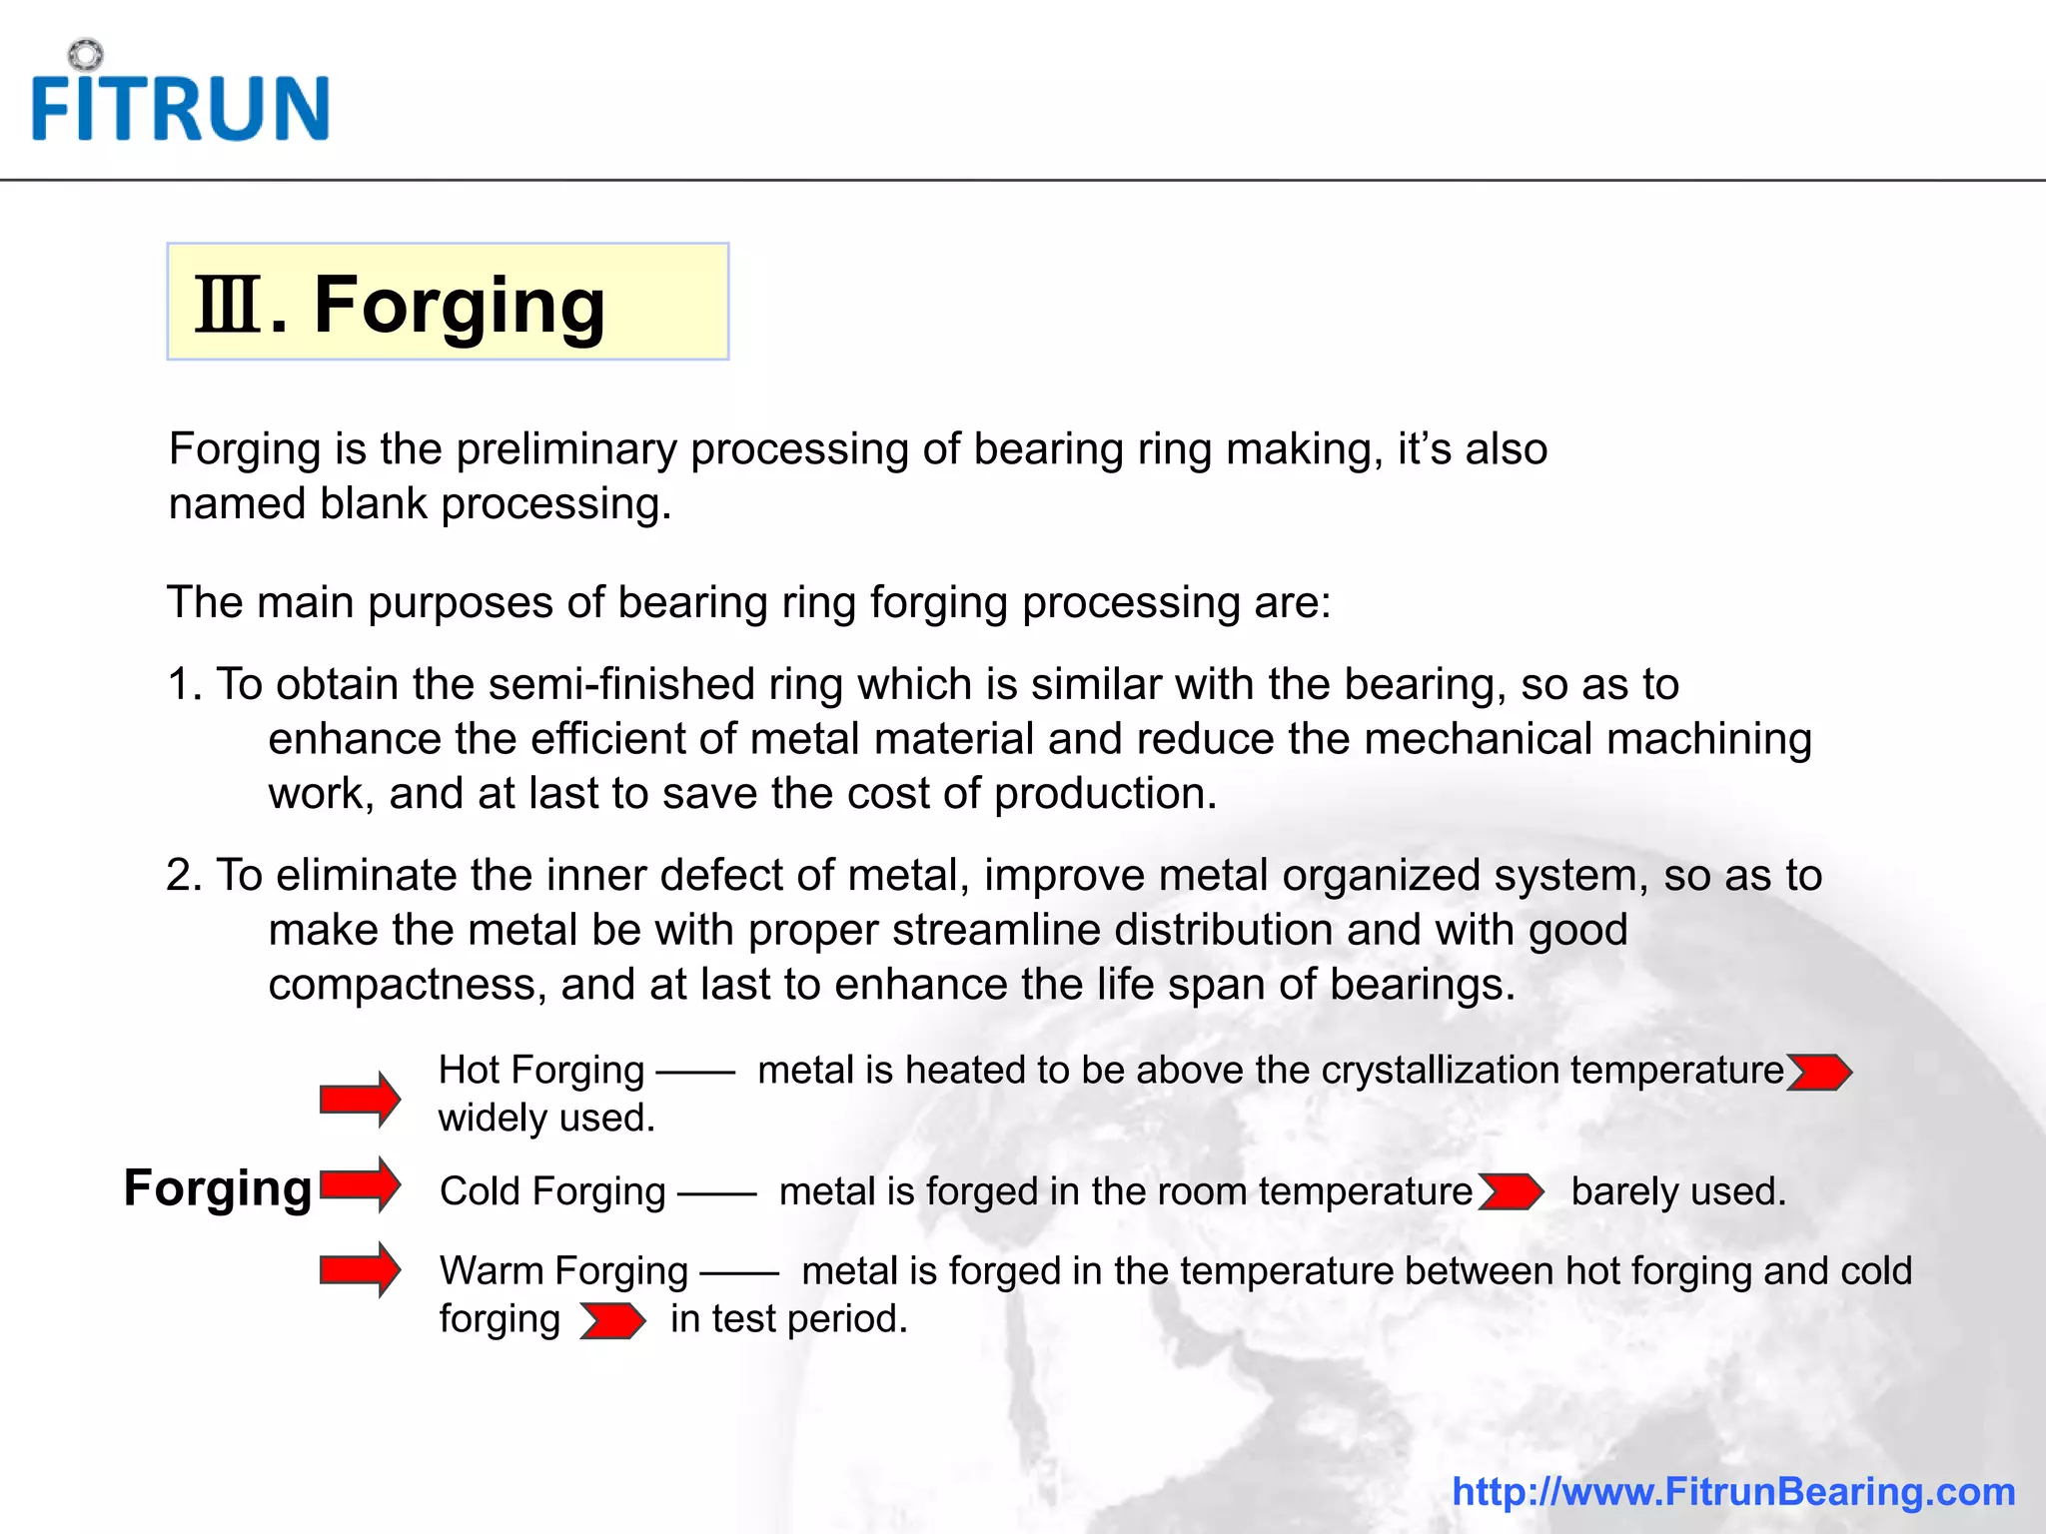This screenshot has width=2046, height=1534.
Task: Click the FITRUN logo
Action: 180,100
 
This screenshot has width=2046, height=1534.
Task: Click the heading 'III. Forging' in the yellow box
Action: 401,305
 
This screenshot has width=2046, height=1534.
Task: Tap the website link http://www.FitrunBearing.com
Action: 1733,1491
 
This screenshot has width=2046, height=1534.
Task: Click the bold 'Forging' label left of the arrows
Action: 218,1188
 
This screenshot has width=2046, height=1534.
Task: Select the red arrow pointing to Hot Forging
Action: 360,1099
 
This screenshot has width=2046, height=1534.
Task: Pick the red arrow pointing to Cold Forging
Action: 360,1185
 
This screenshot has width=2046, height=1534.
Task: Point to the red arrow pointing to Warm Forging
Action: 360,1269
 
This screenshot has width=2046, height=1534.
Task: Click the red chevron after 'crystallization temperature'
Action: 1818,1073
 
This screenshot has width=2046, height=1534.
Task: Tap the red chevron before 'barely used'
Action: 1511,1192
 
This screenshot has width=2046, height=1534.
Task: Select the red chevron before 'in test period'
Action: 612,1321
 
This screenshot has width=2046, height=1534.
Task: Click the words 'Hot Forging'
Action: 541,1071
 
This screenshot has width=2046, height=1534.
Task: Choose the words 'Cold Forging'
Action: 552,1191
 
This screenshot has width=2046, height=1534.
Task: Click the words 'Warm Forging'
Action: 563,1271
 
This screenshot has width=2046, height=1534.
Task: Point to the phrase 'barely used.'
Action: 1678,1191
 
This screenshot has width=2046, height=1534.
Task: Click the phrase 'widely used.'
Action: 546,1118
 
